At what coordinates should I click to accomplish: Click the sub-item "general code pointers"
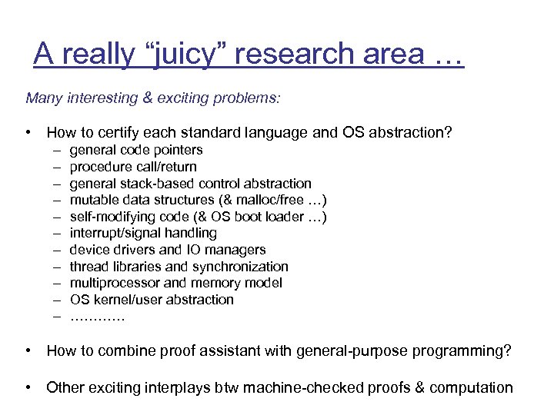(136, 150)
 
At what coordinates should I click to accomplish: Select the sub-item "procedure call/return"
(133, 167)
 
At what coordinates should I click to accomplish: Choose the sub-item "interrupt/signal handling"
(143, 233)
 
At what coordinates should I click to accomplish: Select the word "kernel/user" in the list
(125, 300)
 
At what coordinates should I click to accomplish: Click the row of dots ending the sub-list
(97, 317)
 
